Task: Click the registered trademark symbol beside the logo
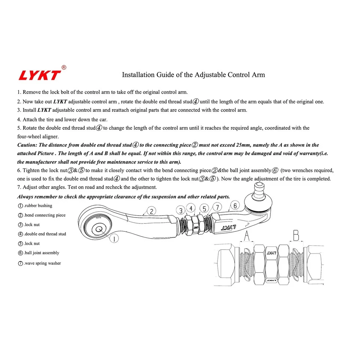tap(64, 67)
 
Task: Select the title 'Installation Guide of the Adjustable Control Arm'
tap(193, 75)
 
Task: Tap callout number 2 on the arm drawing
tap(151, 211)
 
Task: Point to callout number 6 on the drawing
tap(235, 205)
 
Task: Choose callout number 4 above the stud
tap(191, 208)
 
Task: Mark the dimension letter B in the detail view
tap(296, 235)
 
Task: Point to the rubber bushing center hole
tap(99, 228)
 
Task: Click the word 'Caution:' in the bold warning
tap(27, 145)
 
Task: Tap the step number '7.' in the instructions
tap(19, 187)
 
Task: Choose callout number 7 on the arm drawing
tap(217, 207)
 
